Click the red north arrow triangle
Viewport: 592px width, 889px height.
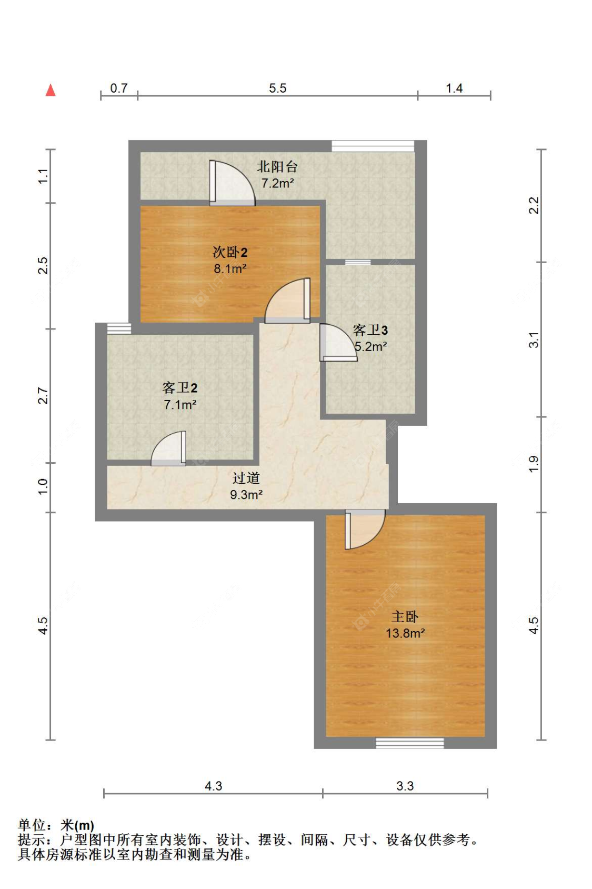pyautogui.click(x=51, y=91)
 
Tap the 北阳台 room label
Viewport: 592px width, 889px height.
pyautogui.click(x=277, y=167)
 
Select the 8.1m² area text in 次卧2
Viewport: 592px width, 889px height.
pyautogui.click(x=230, y=269)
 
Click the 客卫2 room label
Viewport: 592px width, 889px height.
pyautogui.click(x=179, y=388)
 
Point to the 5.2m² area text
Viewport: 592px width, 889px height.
pyautogui.click(x=371, y=347)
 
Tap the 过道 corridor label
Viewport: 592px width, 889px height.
pyautogui.click(x=246, y=478)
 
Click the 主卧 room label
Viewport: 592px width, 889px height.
pyautogui.click(x=405, y=616)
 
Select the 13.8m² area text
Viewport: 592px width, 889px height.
pyautogui.click(x=405, y=633)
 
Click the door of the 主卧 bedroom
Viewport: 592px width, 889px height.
pyautogui.click(x=364, y=528)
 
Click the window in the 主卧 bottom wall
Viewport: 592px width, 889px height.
pyautogui.click(x=409, y=743)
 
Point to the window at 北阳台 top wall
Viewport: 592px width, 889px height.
pyautogui.click(x=373, y=146)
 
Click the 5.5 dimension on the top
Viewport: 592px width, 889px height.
pyautogui.click(x=277, y=88)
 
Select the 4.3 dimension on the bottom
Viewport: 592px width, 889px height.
pyautogui.click(x=213, y=786)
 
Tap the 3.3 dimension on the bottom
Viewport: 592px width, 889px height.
pyautogui.click(x=405, y=786)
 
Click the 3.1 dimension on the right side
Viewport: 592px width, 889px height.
pyautogui.click(x=534, y=339)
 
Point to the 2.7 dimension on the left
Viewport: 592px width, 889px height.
pyautogui.click(x=43, y=396)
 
